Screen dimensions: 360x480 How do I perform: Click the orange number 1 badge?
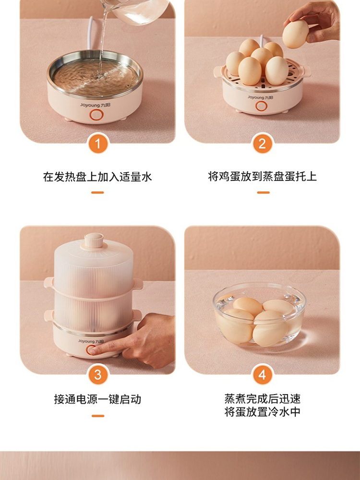click(x=98, y=144)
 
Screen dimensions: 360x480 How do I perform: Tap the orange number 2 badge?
click(x=262, y=144)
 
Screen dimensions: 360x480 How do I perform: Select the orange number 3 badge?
click(x=98, y=375)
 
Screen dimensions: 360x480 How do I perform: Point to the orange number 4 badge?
click(x=262, y=375)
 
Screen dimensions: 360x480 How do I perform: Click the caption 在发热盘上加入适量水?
click(x=97, y=177)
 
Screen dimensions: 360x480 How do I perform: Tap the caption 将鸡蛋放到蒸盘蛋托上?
click(x=263, y=176)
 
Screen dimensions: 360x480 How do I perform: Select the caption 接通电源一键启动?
click(x=97, y=399)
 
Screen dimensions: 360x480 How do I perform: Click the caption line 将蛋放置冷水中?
click(x=263, y=412)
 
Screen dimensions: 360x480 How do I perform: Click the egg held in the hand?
click(x=295, y=34)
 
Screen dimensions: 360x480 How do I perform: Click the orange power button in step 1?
click(x=96, y=115)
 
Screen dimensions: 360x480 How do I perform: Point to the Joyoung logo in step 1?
click(x=95, y=105)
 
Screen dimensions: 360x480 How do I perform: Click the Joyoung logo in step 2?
click(x=260, y=97)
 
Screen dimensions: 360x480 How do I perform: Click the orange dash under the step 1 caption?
click(x=97, y=192)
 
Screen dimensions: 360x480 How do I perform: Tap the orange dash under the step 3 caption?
click(x=97, y=416)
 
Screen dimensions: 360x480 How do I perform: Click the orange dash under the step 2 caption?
click(x=263, y=192)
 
